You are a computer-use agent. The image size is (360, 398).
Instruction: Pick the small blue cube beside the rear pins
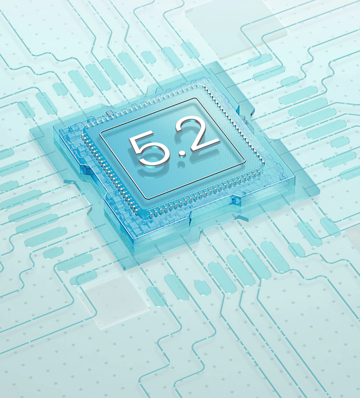109,113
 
